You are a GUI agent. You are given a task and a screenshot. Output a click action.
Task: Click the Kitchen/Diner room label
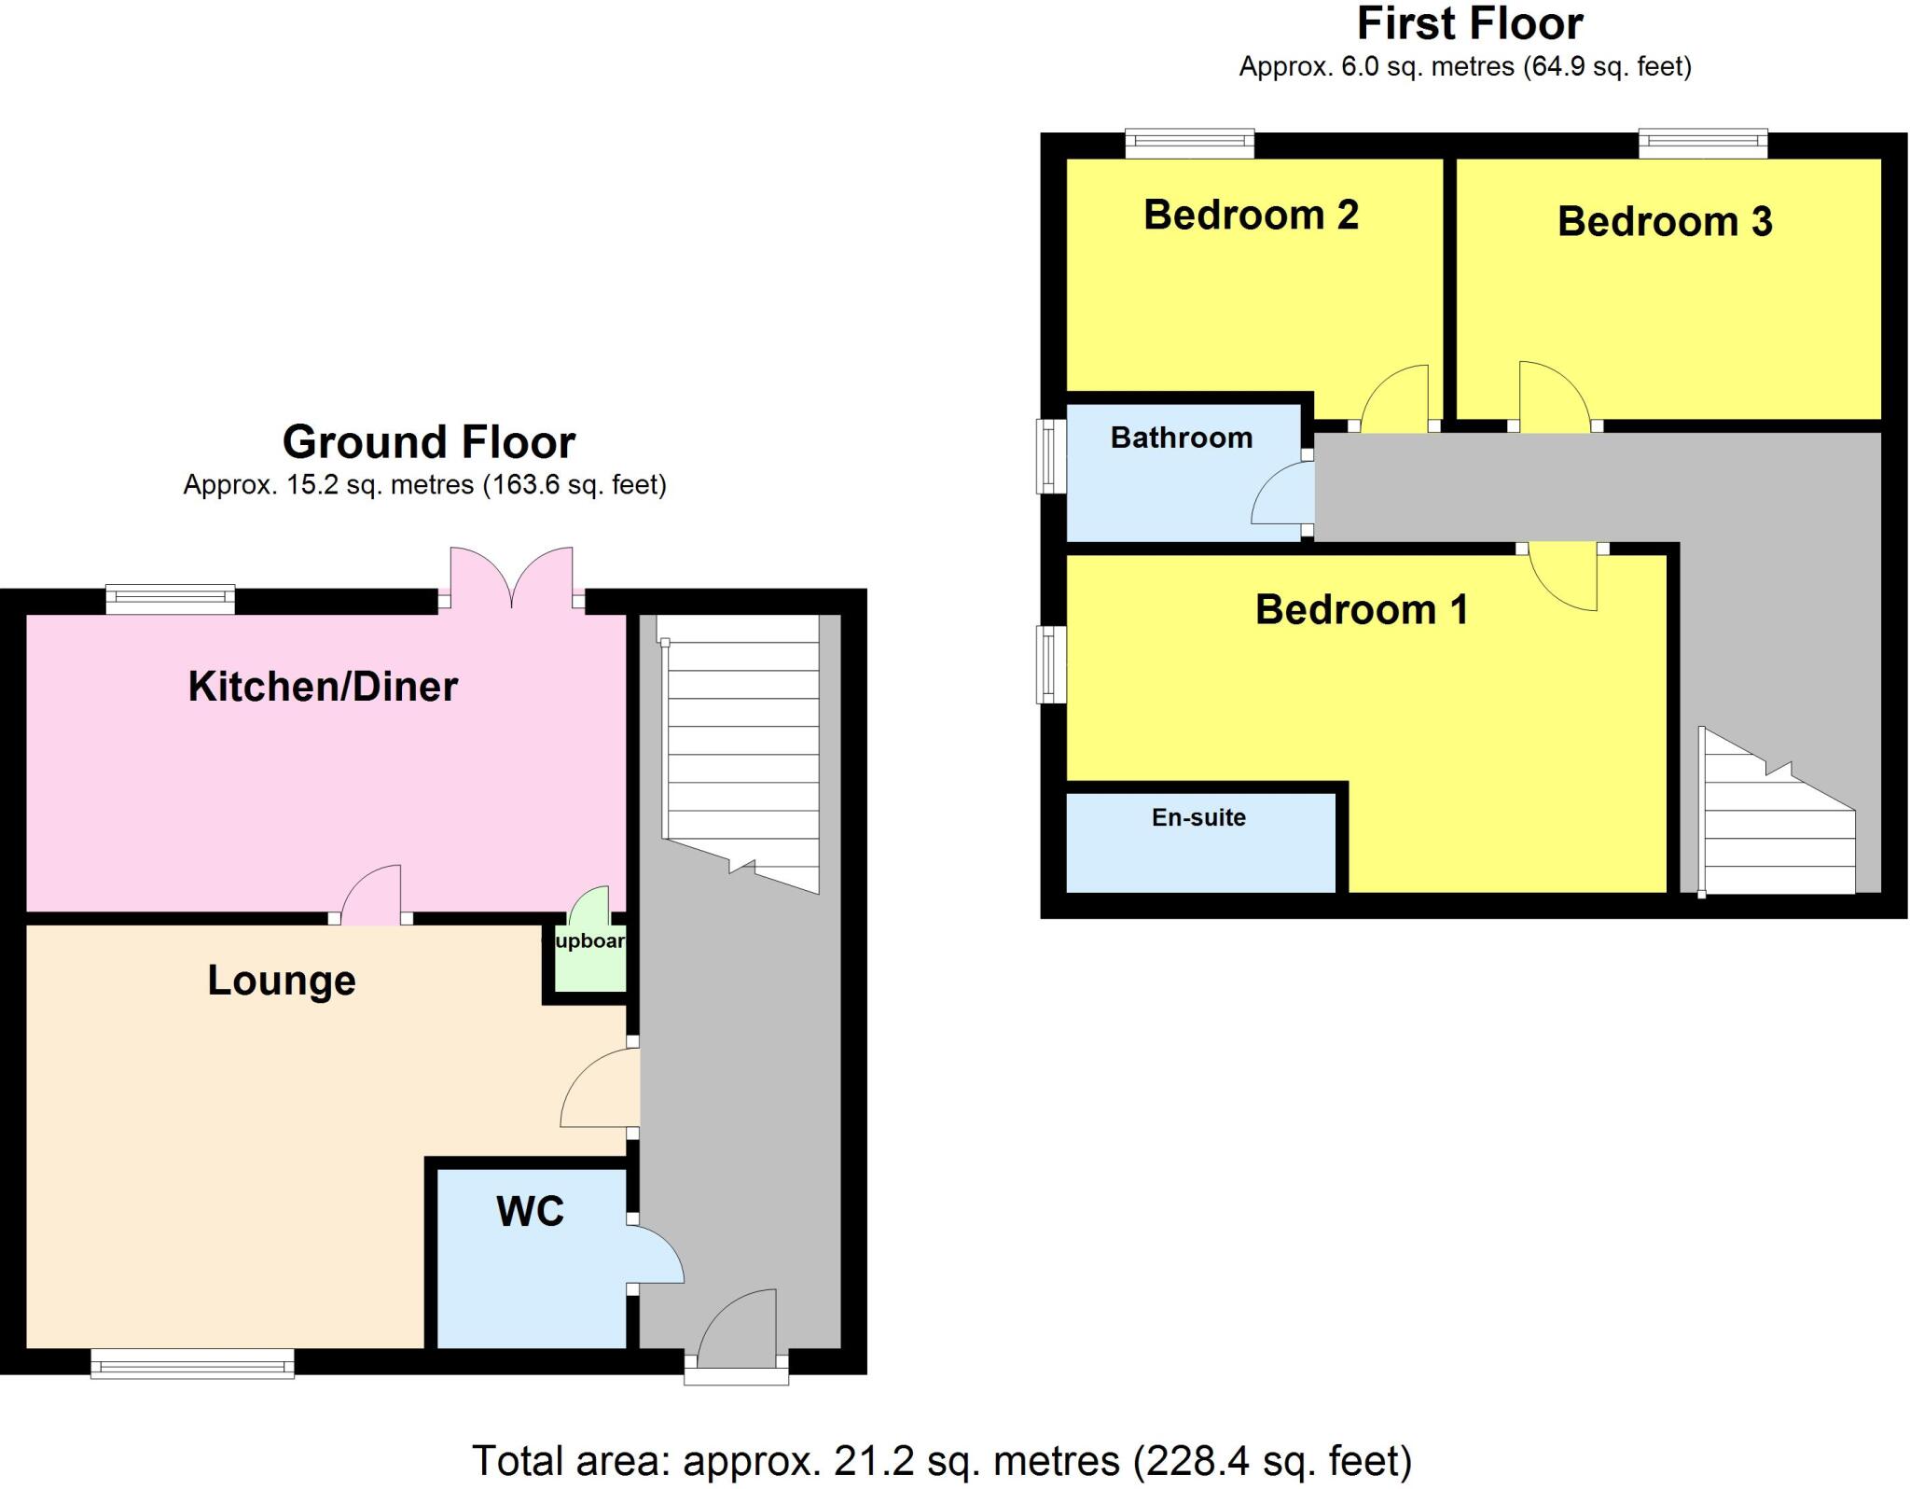pos(323,687)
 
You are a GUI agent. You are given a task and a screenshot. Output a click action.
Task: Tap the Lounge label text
pos(282,981)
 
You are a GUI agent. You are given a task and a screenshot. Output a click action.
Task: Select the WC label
pos(530,1211)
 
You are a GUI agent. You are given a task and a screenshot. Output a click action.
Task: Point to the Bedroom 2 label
pos(1251,215)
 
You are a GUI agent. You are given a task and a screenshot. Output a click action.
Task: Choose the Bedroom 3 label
pos(1665,221)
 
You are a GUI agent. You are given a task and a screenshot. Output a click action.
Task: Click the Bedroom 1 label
pos(1362,609)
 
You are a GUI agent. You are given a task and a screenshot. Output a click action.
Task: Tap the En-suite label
pos(1198,817)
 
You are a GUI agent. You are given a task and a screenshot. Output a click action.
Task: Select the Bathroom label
pos(1181,438)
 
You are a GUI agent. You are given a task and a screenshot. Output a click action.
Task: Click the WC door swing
pos(657,1256)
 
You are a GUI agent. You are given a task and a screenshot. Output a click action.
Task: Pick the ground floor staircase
pos(741,746)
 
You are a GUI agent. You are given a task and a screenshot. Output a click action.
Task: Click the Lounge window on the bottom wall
pos(192,1366)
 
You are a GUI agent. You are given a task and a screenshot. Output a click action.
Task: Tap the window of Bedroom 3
pos(1703,143)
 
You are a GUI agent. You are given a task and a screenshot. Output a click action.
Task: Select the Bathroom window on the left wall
pos(1052,456)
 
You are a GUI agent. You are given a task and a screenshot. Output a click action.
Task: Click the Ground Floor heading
pos(429,442)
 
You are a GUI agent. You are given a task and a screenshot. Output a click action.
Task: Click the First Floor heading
pos(1470,23)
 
